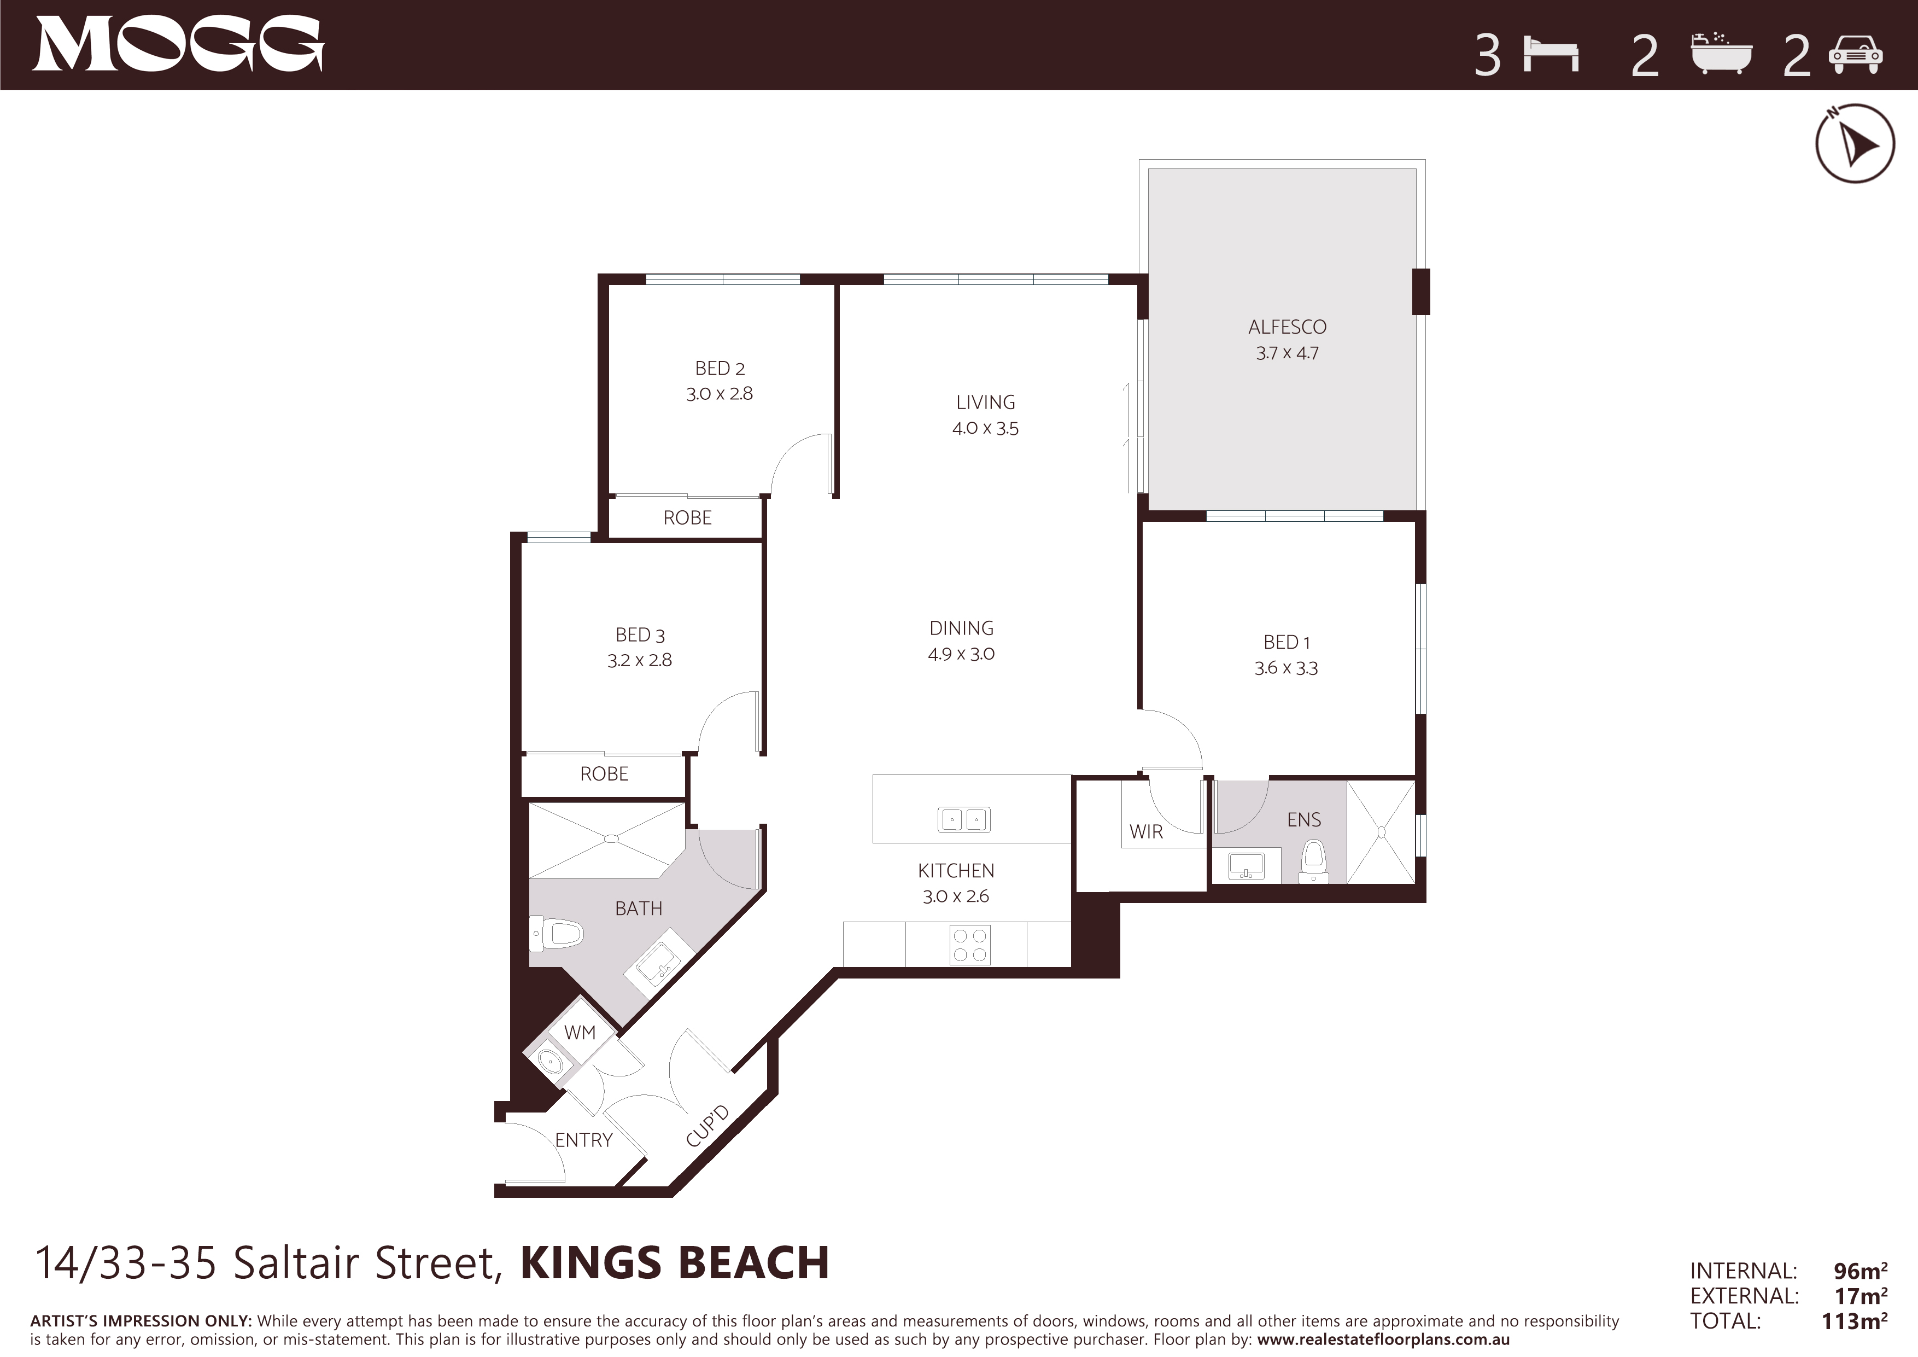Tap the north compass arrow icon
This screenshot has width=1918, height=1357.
[x=1855, y=144]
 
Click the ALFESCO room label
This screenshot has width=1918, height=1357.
[x=1287, y=327]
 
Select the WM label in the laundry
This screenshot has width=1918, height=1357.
[x=580, y=1032]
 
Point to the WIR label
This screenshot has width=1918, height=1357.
[x=1146, y=831]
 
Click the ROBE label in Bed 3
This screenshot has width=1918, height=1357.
[x=604, y=774]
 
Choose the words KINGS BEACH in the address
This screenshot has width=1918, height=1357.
[x=675, y=1262]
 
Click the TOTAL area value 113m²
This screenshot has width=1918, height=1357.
[x=1855, y=1321]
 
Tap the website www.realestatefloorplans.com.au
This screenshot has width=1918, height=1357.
[x=1383, y=1339]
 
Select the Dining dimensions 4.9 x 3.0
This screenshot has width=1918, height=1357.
[x=962, y=654]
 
